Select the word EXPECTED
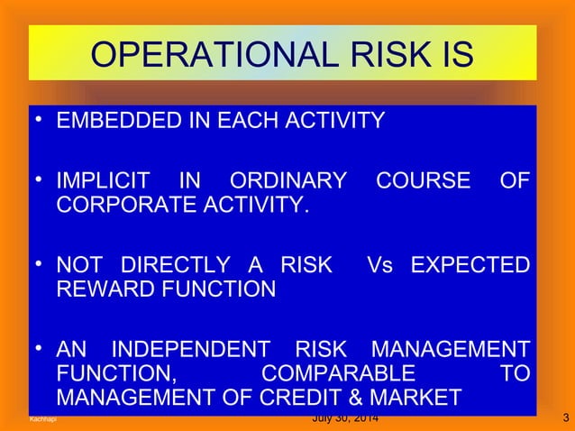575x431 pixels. (x=470, y=266)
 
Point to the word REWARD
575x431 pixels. (x=101, y=290)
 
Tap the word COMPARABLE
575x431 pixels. (x=338, y=372)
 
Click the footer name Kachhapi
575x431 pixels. (x=41, y=419)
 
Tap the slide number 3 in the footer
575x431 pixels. (x=564, y=418)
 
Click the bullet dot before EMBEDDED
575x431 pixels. (x=40, y=121)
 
